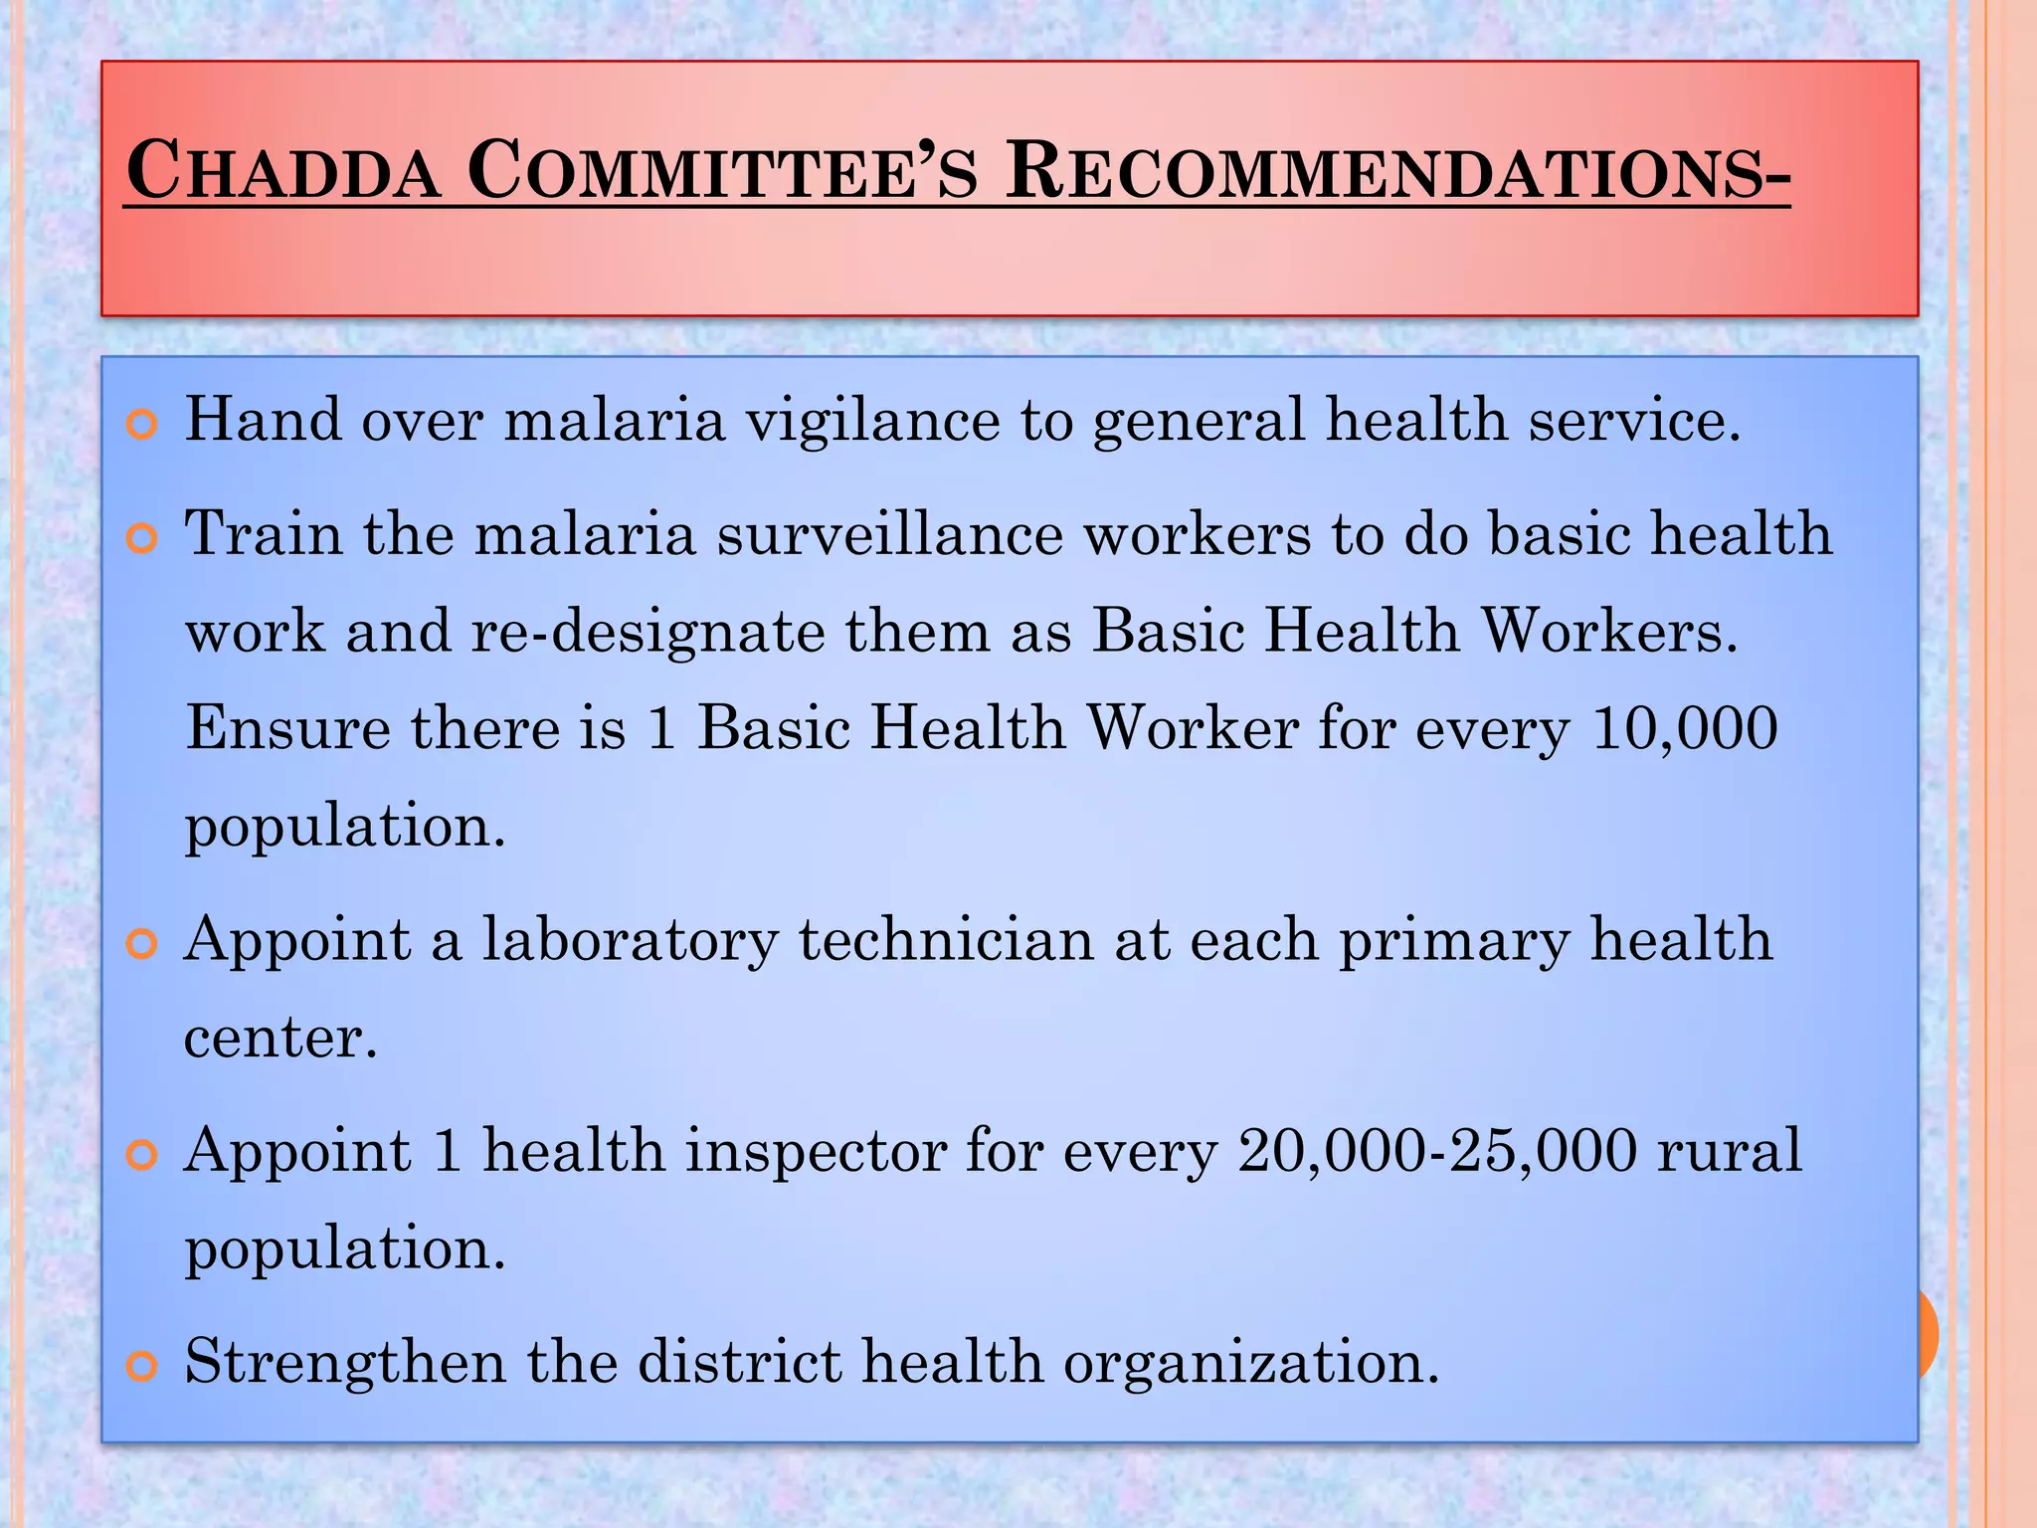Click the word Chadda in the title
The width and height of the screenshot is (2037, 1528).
click(x=283, y=171)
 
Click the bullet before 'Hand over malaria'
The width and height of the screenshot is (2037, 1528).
click(x=143, y=425)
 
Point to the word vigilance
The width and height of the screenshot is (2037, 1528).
click(x=873, y=420)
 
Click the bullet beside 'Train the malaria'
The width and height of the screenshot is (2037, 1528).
click(x=143, y=539)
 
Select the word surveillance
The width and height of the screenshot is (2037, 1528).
click(x=890, y=534)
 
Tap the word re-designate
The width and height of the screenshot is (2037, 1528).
click(x=648, y=632)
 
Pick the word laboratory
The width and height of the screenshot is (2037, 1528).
click(x=630, y=940)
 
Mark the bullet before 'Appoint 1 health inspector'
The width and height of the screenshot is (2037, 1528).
click(x=143, y=1156)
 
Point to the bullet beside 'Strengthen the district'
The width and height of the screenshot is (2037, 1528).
click(x=143, y=1367)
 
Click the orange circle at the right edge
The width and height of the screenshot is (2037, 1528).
click(x=1928, y=1333)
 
